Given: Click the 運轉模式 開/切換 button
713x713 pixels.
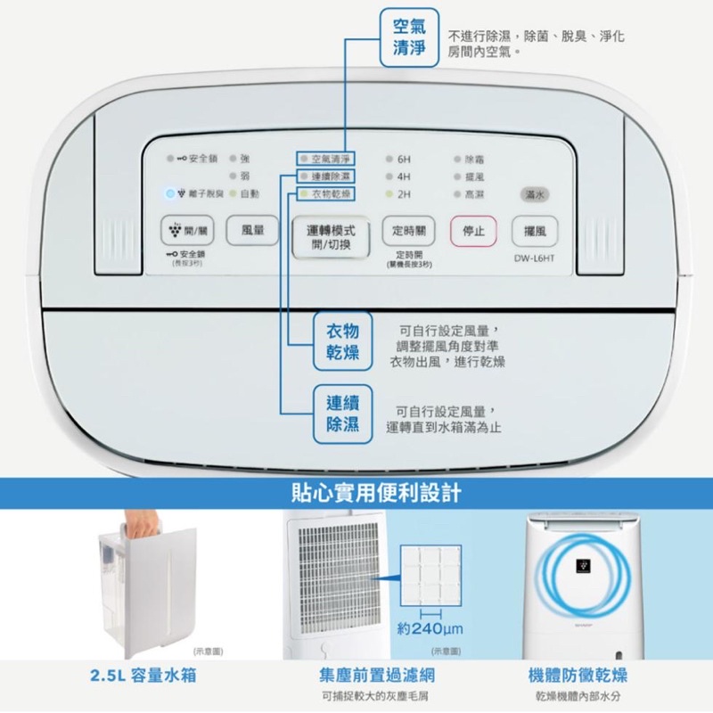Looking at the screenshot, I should [x=330, y=237].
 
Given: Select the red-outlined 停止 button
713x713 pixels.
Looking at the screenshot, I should [x=472, y=231].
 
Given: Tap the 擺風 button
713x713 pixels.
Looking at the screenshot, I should [x=535, y=231].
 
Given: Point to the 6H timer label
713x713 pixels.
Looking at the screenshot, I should [x=404, y=159].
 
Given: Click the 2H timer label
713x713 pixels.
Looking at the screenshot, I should [x=404, y=193].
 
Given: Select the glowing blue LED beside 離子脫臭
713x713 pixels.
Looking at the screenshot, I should [x=169, y=193].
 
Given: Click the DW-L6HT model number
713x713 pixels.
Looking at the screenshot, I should [x=535, y=259].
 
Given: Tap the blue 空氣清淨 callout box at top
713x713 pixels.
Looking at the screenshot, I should [x=410, y=38].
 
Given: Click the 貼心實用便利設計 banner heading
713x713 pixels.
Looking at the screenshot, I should [x=356, y=492].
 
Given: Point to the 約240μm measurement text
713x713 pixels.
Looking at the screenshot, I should [x=430, y=630].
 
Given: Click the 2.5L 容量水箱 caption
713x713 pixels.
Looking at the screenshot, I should [x=143, y=675].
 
